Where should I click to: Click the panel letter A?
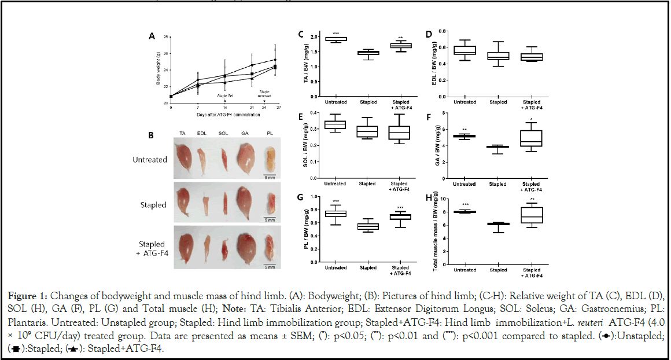pyautogui.click(x=152, y=36)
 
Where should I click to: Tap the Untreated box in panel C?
pyautogui.click(x=335, y=39)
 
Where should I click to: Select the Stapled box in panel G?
pyautogui.click(x=368, y=226)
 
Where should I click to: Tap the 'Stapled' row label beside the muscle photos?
pyautogui.click(x=154, y=205)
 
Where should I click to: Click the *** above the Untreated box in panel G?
pyautogui.click(x=335, y=201)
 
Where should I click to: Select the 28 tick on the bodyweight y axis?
pyautogui.click(x=166, y=38)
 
